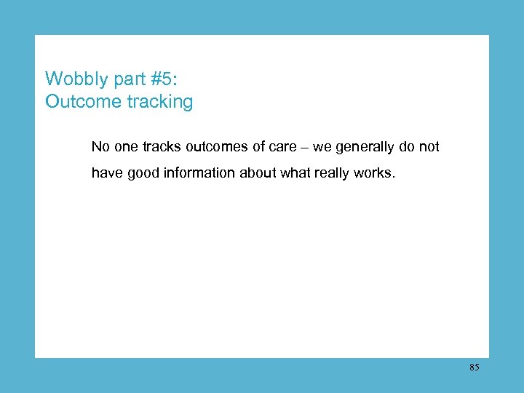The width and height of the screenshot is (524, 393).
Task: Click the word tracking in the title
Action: (160, 101)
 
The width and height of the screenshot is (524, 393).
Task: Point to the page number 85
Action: (474, 368)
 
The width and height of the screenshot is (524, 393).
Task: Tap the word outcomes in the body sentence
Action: (215, 147)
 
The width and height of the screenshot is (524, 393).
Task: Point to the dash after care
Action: (305, 148)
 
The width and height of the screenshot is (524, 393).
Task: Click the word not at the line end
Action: (428, 147)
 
